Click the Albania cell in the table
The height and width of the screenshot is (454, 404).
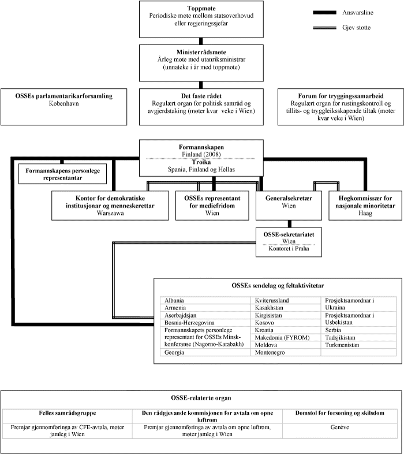click(175, 301)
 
